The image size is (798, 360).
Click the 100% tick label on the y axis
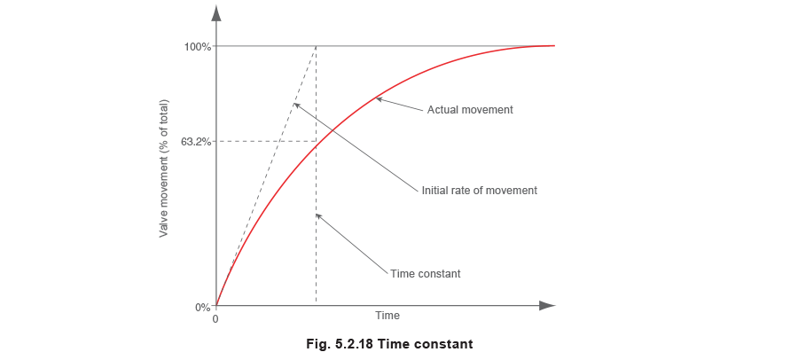199,47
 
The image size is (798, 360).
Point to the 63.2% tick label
196,141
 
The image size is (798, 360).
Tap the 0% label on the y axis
202,307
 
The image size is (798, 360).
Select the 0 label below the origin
215,318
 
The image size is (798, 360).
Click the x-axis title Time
388,316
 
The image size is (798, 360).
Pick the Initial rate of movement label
479,190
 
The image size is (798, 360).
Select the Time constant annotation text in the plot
426,274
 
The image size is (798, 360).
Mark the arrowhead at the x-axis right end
551,307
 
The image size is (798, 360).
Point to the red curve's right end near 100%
553,45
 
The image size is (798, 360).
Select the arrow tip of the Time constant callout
317,214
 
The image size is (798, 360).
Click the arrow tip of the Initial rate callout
293,104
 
